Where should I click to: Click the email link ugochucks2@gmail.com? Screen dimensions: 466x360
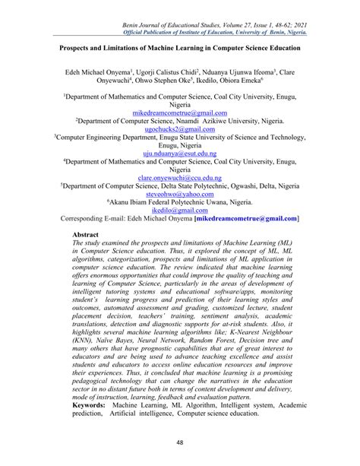tap(180, 129)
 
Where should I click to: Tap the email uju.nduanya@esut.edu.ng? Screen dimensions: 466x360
tap(180, 154)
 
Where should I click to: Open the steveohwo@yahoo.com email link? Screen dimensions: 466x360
tap(180, 194)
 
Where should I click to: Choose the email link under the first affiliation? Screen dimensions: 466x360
tap(180, 113)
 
